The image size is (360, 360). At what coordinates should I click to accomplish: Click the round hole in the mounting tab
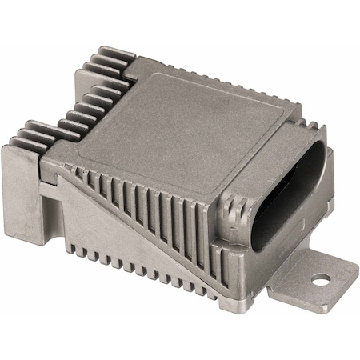point(321,280)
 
